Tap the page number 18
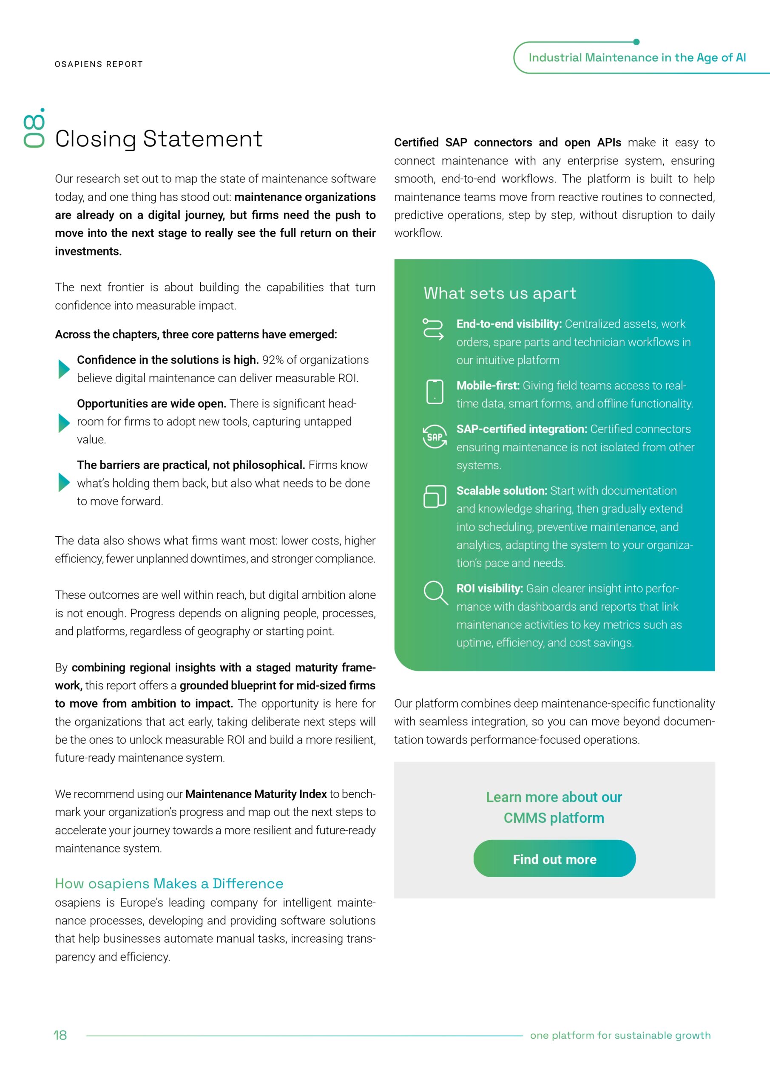(x=60, y=1035)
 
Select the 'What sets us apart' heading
(x=500, y=293)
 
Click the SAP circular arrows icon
(x=434, y=436)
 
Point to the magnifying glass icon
(x=435, y=593)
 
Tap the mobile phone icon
(x=434, y=391)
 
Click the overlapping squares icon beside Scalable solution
(x=434, y=496)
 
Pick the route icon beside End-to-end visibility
(x=433, y=329)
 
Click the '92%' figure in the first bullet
(x=273, y=360)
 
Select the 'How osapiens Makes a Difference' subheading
(x=169, y=883)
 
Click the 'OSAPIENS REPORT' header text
(x=99, y=64)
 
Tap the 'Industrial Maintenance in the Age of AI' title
(x=637, y=58)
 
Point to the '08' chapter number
(x=34, y=129)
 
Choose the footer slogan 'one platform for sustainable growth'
(x=620, y=1035)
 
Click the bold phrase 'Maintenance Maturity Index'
(x=256, y=794)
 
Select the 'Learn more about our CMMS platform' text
(x=554, y=807)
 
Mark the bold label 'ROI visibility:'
(x=489, y=589)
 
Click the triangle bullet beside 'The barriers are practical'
(x=63, y=482)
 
